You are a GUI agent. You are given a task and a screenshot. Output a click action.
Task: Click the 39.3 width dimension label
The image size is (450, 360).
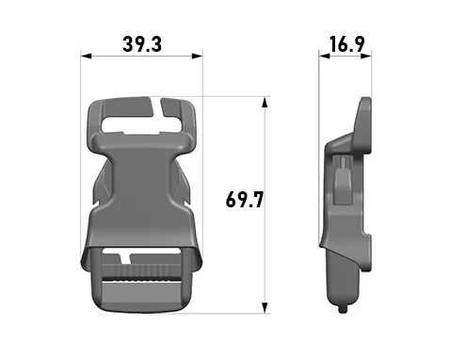point(142,44)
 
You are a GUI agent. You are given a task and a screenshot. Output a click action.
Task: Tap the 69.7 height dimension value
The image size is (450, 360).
point(245,200)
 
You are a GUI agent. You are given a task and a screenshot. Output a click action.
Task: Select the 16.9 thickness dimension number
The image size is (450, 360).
point(347,44)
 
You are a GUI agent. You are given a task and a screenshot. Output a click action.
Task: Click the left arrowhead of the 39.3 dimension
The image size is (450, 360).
point(86,57)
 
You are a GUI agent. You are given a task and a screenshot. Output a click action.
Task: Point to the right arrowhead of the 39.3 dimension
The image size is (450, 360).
point(198,57)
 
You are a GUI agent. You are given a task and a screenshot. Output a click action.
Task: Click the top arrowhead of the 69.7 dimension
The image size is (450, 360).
point(265,103)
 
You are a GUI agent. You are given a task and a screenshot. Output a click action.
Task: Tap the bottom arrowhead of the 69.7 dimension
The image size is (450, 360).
point(265,308)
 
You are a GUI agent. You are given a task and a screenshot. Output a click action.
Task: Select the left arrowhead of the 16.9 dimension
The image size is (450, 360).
point(325,57)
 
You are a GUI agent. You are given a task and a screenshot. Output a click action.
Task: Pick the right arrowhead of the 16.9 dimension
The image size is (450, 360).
point(366,57)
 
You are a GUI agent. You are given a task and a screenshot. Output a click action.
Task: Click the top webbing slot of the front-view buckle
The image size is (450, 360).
point(142,125)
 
